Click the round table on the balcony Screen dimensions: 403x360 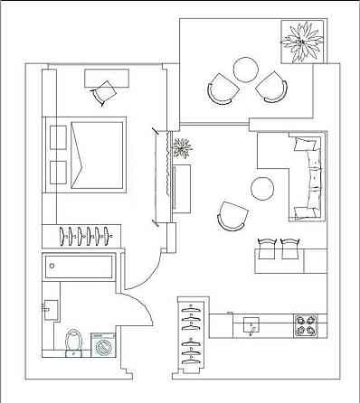[x=246, y=69]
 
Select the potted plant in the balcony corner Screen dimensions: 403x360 [x=300, y=42]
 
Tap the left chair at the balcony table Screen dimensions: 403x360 [x=222, y=89]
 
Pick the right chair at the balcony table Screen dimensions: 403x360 [x=270, y=88]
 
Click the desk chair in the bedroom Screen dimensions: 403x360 [x=107, y=92]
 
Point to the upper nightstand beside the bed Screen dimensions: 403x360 [x=57, y=136]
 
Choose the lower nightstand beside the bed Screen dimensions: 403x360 [x=57, y=173]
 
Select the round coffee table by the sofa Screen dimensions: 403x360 [x=262, y=188]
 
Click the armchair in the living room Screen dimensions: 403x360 [x=232, y=216]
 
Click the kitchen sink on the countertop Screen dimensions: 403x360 [x=251, y=323]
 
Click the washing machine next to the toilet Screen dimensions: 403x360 [x=105, y=344]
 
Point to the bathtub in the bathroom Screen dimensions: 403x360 [x=78, y=267]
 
